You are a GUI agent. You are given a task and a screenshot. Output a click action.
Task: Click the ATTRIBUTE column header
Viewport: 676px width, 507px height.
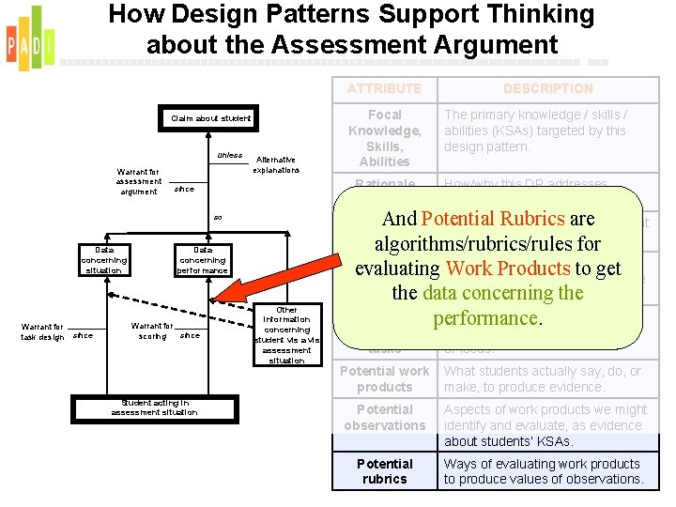coord(384,88)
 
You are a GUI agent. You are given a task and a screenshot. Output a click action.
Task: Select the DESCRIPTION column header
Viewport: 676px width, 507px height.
coord(547,88)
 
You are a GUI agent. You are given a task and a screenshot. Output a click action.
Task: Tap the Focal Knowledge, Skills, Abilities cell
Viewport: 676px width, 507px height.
coord(384,138)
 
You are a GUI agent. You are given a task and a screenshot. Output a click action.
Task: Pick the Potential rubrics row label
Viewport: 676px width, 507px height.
coord(384,471)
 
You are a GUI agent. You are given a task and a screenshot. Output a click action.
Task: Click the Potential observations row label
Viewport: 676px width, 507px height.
coord(384,418)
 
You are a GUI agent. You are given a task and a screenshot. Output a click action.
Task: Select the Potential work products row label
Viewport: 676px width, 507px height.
coord(384,379)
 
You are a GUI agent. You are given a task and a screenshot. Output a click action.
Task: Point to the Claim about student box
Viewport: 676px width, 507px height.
coord(210,118)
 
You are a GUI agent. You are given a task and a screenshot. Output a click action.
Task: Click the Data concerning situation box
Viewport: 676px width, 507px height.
coord(103,260)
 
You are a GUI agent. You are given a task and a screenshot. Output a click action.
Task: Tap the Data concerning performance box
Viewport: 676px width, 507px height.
coord(202,260)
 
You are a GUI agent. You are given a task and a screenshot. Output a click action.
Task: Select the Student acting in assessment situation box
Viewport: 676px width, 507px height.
coord(154,407)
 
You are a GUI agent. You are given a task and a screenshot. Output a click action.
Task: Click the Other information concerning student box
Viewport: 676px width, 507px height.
coord(286,335)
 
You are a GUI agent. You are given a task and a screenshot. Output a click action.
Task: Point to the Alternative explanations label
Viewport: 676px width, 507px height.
coord(276,165)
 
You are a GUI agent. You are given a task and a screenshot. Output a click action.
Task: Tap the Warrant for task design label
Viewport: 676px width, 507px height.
coord(43,331)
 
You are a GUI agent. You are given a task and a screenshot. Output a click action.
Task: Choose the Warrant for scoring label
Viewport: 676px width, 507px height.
coord(152,331)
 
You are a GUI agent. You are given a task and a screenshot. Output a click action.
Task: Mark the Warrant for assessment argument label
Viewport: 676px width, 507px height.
coord(138,182)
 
